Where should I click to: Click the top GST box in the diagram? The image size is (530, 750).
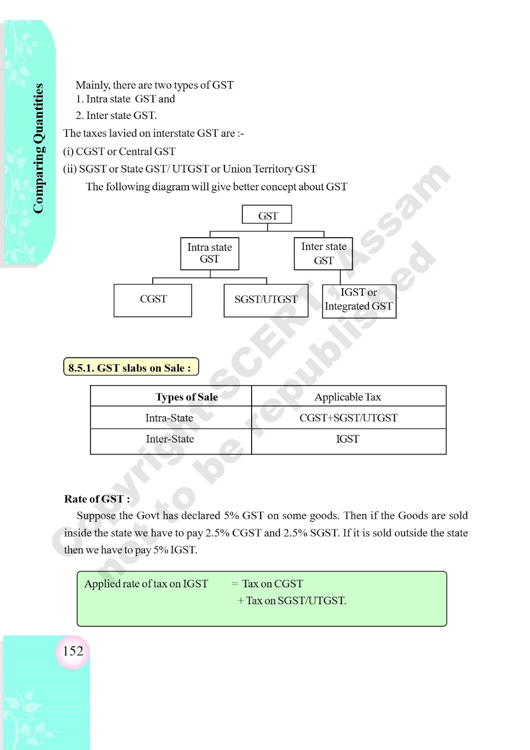tap(267, 214)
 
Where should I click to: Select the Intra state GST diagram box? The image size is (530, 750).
tap(209, 254)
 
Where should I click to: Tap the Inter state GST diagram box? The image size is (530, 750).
tap(323, 254)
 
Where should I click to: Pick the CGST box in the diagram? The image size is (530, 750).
tap(153, 300)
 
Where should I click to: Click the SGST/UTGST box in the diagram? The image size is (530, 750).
tap(266, 300)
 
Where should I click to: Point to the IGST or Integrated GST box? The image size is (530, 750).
tap(359, 301)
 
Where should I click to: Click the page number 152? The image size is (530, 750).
tap(73, 651)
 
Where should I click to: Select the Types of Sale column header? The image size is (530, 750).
tap(187, 397)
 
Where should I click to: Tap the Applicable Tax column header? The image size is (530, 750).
tap(348, 397)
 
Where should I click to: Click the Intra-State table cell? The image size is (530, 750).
tap(169, 418)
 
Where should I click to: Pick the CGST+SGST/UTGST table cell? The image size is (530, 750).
tap(348, 418)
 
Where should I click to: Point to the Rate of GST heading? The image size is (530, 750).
tap(97, 499)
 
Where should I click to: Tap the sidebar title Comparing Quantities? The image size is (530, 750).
tap(38, 148)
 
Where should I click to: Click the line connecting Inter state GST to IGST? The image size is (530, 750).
tap(340, 277)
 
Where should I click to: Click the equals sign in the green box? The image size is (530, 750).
tap(235, 583)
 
